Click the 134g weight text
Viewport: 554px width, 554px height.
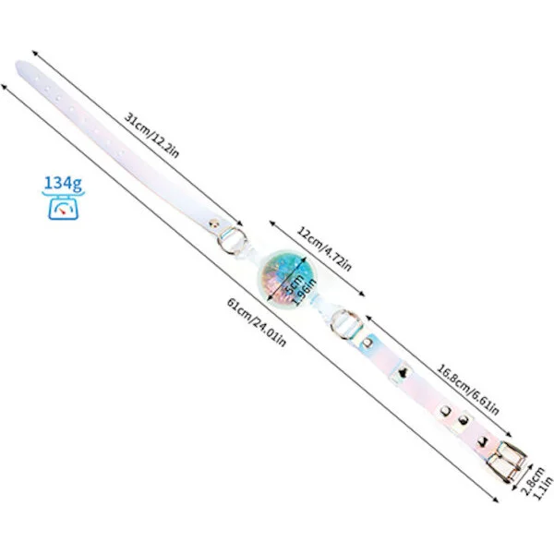tap(63, 184)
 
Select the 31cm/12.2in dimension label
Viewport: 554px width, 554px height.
tap(152, 135)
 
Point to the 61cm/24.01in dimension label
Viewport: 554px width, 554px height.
tap(256, 322)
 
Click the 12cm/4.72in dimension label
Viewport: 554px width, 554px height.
tap(324, 249)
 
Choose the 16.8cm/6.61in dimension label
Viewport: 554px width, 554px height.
tap(468, 389)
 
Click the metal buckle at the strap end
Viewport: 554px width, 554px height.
tap(506, 462)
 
